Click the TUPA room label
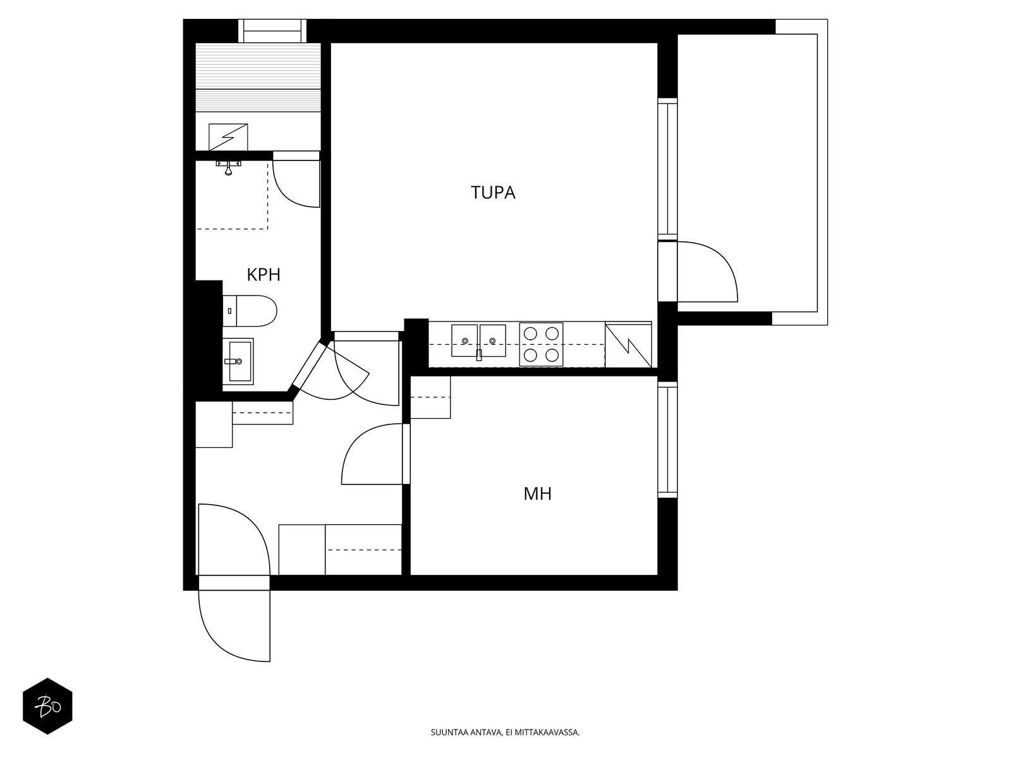tap(493, 193)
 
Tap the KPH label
tap(263, 275)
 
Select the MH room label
tap(537, 493)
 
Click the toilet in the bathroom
tap(251, 311)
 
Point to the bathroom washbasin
tap(238, 361)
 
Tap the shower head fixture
tap(229, 167)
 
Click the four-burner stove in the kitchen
tap(541, 345)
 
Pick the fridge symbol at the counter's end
tap(628, 345)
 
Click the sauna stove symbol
tap(228, 137)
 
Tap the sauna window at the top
tap(272, 30)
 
